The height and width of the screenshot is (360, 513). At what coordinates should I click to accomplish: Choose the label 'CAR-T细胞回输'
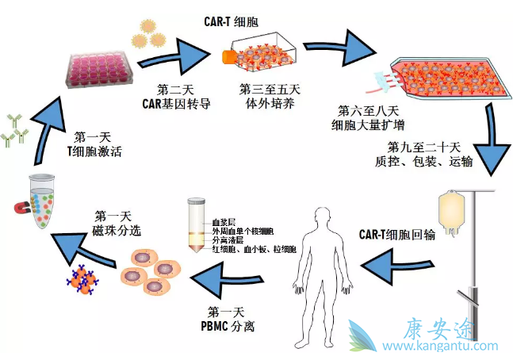pyautogui.click(x=399, y=235)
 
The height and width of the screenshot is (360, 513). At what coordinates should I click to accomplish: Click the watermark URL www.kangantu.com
pyautogui.click(x=441, y=346)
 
